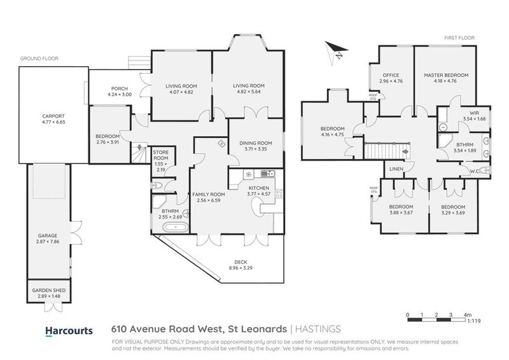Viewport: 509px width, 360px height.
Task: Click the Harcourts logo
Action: (x=69, y=330)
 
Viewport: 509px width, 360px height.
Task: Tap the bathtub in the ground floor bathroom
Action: (x=171, y=227)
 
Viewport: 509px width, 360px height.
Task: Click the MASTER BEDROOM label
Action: (x=445, y=75)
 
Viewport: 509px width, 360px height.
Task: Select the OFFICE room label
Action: (x=391, y=75)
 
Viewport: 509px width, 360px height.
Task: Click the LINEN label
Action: (x=397, y=169)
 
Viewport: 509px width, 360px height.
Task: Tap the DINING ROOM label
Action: (x=256, y=143)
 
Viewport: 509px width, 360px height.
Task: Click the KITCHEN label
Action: (x=258, y=189)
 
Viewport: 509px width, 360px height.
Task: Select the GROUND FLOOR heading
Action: (x=39, y=58)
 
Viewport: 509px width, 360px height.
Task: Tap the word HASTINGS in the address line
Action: (x=318, y=329)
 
